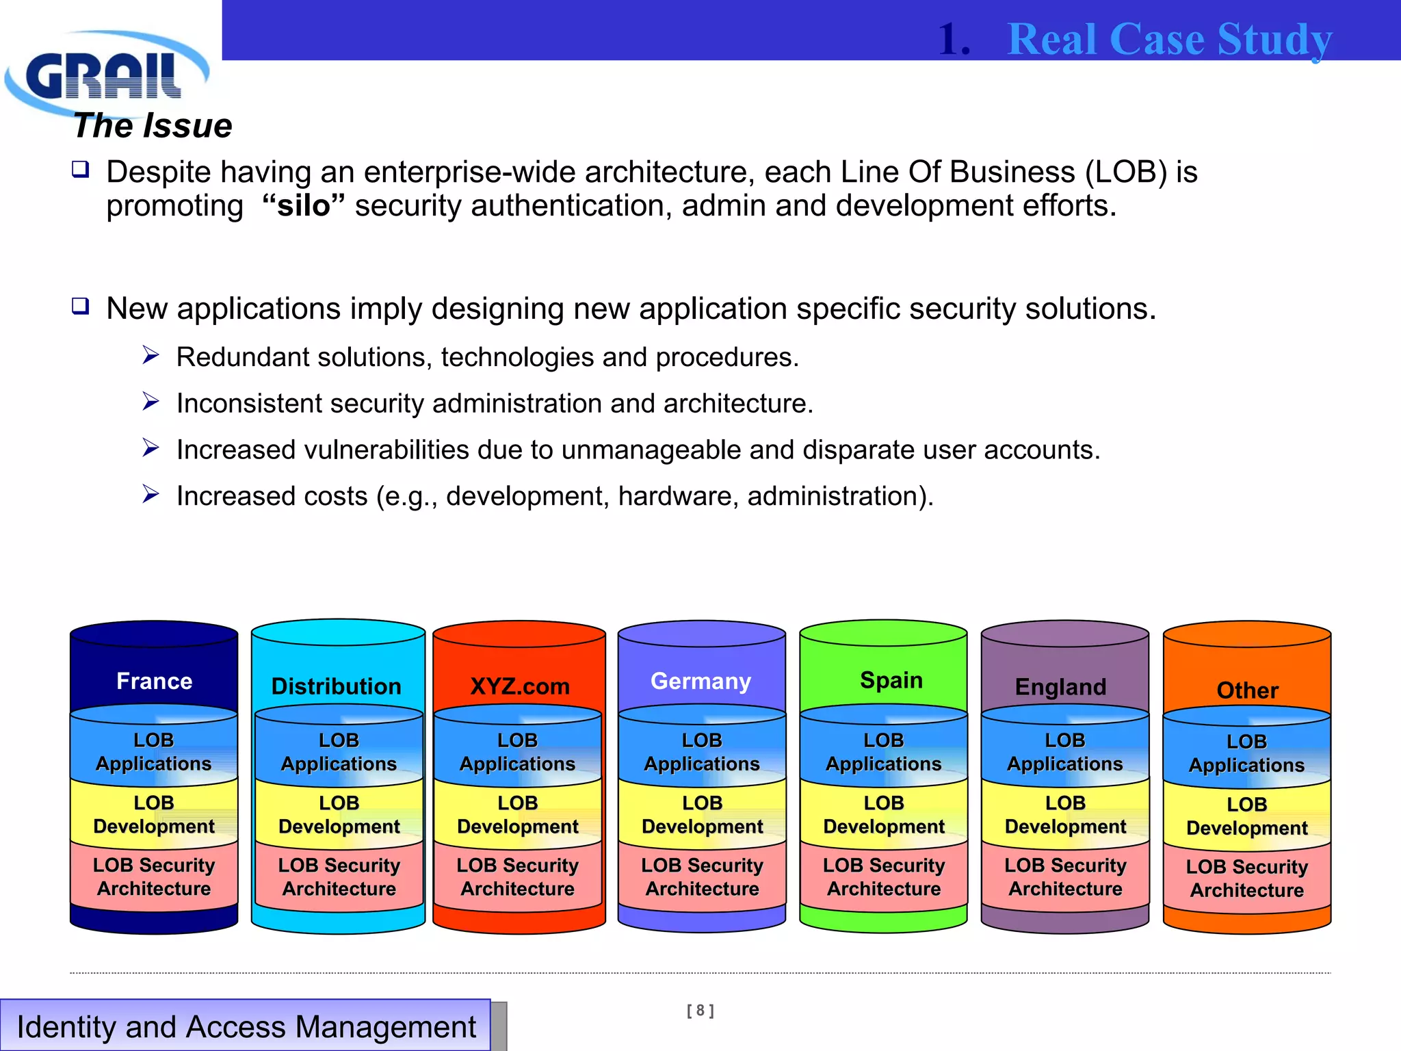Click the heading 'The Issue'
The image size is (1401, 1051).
click(153, 126)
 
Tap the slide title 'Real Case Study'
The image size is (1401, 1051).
click(1169, 39)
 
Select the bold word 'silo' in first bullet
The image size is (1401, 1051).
click(303, 206)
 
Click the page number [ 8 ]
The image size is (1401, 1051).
click(700, 1010)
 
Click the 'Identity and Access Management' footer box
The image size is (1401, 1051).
click(246, 1026)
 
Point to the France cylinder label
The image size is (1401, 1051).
click(154, 681)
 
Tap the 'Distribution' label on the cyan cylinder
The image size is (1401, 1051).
click(337, 686)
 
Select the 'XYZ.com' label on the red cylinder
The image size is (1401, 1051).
click(519, 686)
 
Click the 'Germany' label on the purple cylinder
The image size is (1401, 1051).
click(700, 681)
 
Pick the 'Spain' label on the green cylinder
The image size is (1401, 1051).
click(891, 680)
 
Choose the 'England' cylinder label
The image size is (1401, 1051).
click(1060, 686)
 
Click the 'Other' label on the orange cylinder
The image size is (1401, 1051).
click(1247, 690)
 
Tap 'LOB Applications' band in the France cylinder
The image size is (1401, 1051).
click(154, 752)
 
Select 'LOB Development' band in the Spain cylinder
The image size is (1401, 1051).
click(884, 814)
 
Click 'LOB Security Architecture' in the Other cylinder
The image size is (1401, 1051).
click(1246, 878)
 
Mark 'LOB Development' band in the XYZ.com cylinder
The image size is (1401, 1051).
click(518, 814)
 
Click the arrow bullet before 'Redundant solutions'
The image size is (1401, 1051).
click(150, 355)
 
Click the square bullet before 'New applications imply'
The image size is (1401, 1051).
click(81, 306)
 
